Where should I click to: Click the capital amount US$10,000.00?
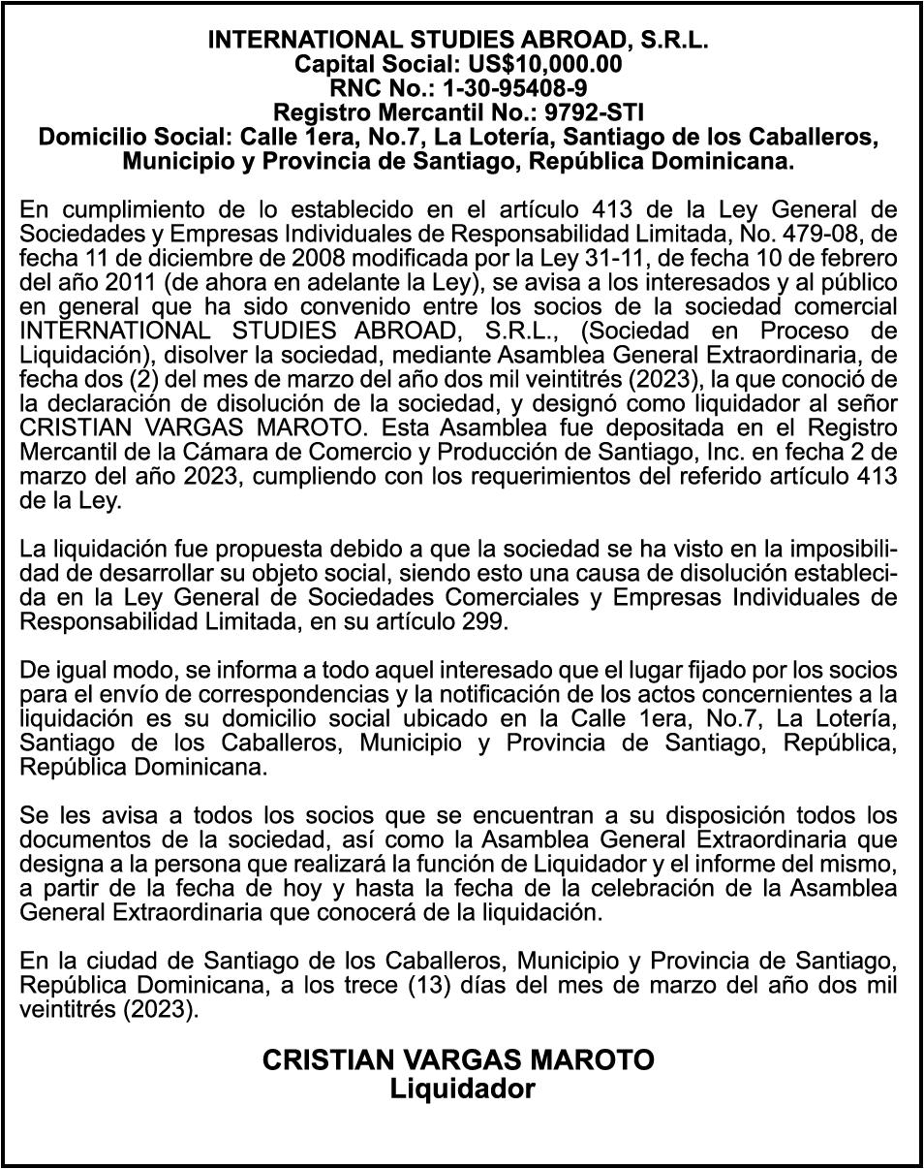tap(554, 64)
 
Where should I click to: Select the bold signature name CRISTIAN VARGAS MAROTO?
tap(459, 1060)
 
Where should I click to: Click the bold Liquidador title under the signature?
tap(461, 1089)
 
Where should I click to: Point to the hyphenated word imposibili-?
tap(835, 551)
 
